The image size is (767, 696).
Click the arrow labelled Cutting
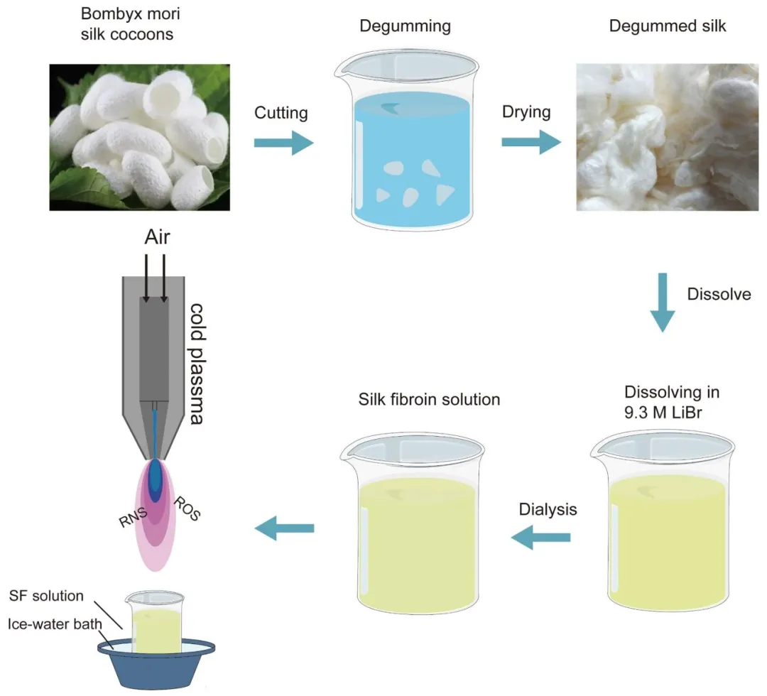(283, 143)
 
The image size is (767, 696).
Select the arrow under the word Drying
(530, 142)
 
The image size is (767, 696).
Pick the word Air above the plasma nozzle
(158, 237)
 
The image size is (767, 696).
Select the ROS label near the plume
(188, 510)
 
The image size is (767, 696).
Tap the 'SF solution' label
(47, 595)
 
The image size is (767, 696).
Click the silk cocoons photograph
(139, 137)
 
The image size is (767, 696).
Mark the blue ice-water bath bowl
(156, 668)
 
